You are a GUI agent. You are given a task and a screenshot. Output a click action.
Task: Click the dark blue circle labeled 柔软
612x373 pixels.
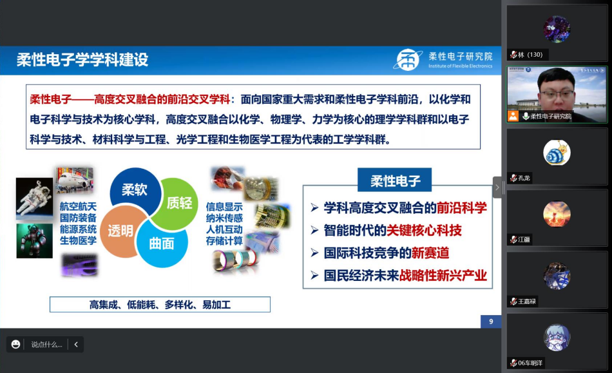pos(134,189)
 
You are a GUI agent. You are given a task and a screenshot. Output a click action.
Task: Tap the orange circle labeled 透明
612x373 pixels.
pos(121,231)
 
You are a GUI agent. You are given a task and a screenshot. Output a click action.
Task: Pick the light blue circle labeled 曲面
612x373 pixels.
pos(162,244)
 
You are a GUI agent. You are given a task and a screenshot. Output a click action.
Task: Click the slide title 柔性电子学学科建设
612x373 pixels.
pos(82,60)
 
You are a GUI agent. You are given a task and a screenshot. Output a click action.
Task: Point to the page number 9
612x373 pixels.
pos(491,321)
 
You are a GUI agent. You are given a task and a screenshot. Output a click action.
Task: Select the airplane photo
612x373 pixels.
pos(75,180)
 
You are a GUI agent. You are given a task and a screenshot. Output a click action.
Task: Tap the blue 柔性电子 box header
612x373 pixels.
pos(395,180)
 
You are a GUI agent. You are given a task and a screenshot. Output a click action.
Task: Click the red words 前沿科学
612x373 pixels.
pos(462,208)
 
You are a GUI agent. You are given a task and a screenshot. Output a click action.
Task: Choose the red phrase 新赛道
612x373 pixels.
pos(430,253)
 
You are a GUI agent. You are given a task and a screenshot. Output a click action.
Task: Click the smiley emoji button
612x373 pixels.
pos(15,344)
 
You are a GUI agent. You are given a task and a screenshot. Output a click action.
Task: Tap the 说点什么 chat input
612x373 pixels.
pos(46,345)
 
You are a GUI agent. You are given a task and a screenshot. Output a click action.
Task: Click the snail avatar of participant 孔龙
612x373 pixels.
pos(557,153)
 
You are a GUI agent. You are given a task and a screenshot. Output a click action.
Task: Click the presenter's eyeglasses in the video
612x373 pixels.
pos(556,94)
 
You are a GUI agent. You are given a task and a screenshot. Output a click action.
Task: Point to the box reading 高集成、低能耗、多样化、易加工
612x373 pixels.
pos(160,304)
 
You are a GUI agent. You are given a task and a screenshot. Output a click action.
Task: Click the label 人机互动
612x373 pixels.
pos(224,229)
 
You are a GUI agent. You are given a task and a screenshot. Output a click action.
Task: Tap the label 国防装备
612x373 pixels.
pos(78,218)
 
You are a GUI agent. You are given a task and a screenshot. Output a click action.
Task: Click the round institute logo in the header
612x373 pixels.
pos(408,60)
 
